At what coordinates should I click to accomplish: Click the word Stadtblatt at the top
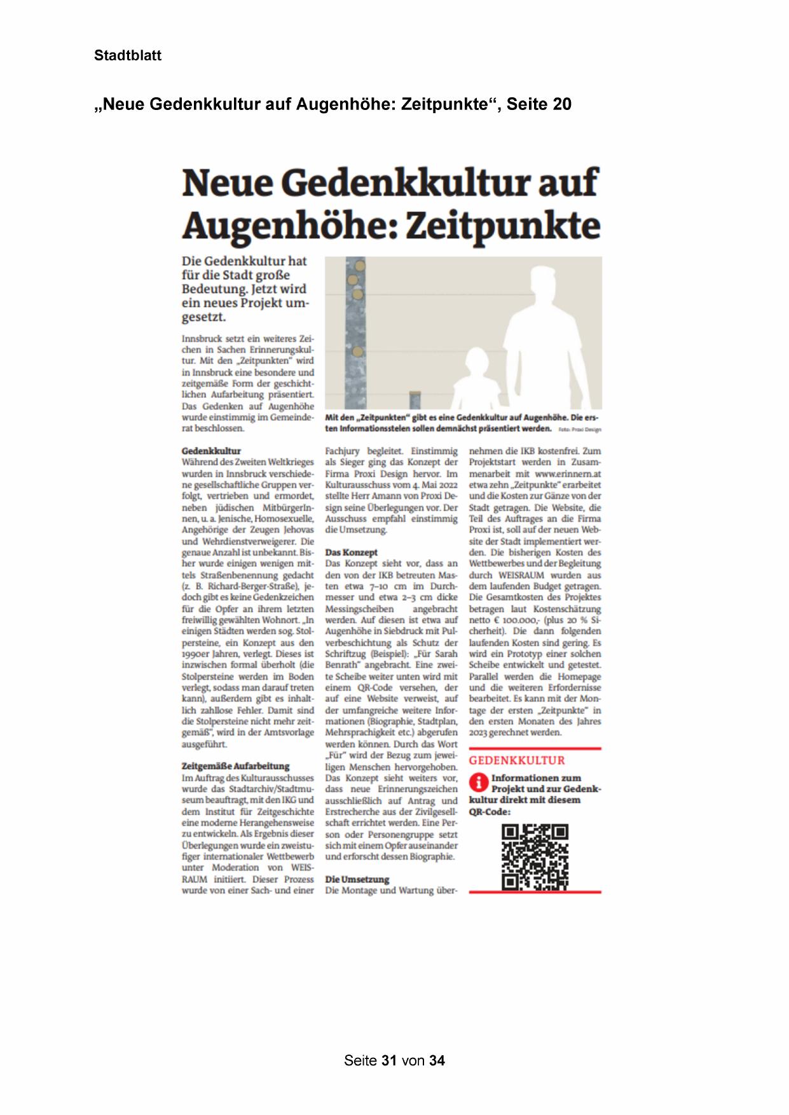[128, 56]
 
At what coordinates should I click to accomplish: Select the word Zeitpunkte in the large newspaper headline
[503, 226]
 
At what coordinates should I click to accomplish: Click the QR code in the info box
[535, 856]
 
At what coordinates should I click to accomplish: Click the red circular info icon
[479, 783]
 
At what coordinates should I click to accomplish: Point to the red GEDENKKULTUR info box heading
[517, 761]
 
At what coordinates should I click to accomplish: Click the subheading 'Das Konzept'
[351, 552]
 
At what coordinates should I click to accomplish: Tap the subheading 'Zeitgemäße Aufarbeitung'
[235, 767]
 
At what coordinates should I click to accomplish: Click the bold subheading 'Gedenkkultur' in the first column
[211, 451]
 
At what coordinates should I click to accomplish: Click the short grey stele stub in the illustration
[415, 400]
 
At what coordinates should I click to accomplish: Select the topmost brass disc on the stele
[359, 266]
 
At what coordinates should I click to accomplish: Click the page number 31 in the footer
[389, 1060]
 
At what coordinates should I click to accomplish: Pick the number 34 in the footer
[437, 1060]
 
